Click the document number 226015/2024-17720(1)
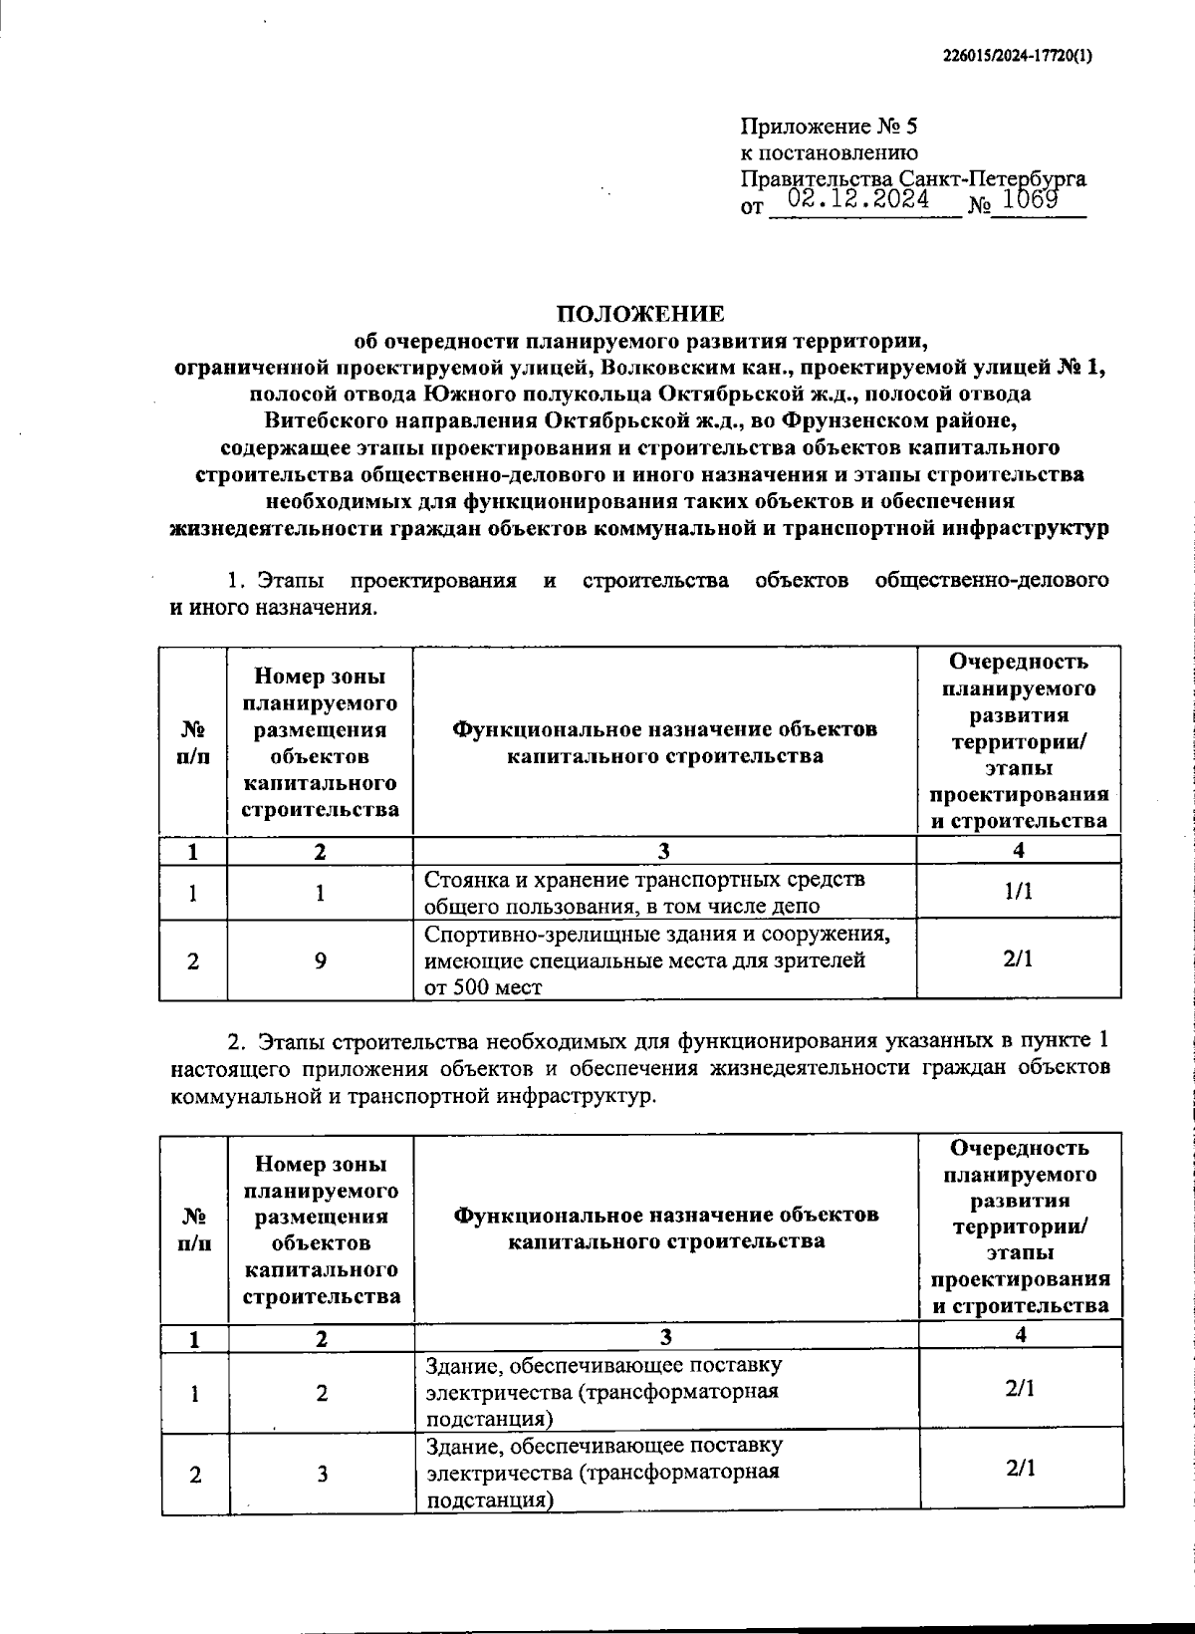click(x=1017, y=57)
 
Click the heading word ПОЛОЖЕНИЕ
click(x=640, y=314)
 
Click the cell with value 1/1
click(x=1018, y=892)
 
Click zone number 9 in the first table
click(x=320, y=960)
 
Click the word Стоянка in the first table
click(x=464, y=880)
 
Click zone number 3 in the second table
click(x=322, y=1475)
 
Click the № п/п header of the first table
click(x=193, y=742)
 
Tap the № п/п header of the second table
click(x=195, y=1228)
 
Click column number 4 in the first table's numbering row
click(x=1018, y=850)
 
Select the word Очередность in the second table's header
click(x=1020, y=1148)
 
